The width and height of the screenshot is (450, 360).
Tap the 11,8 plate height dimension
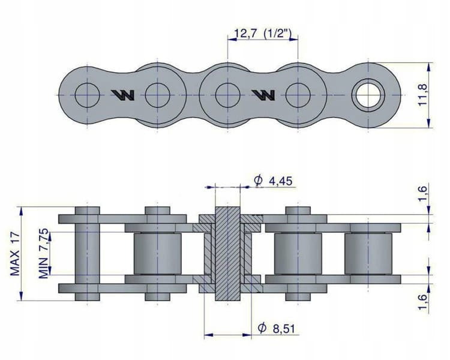tap(423, 95)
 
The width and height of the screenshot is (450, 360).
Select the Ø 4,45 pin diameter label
tap(273, 181)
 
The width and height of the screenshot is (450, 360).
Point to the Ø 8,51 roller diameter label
tap(276, 328)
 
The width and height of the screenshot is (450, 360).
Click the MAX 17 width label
tap(15, 254)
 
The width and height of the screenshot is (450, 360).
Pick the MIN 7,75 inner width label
tap(44, 254)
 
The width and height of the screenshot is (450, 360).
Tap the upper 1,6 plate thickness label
tap(423, 194)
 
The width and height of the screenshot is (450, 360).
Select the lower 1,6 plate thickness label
tap(423, 302)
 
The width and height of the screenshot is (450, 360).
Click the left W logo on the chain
tap(123, 95)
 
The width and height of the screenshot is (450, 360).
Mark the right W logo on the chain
tap(263, 95)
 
